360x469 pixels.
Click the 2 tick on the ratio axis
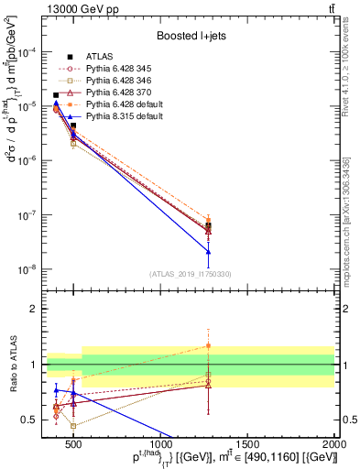(x=33, y=309)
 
